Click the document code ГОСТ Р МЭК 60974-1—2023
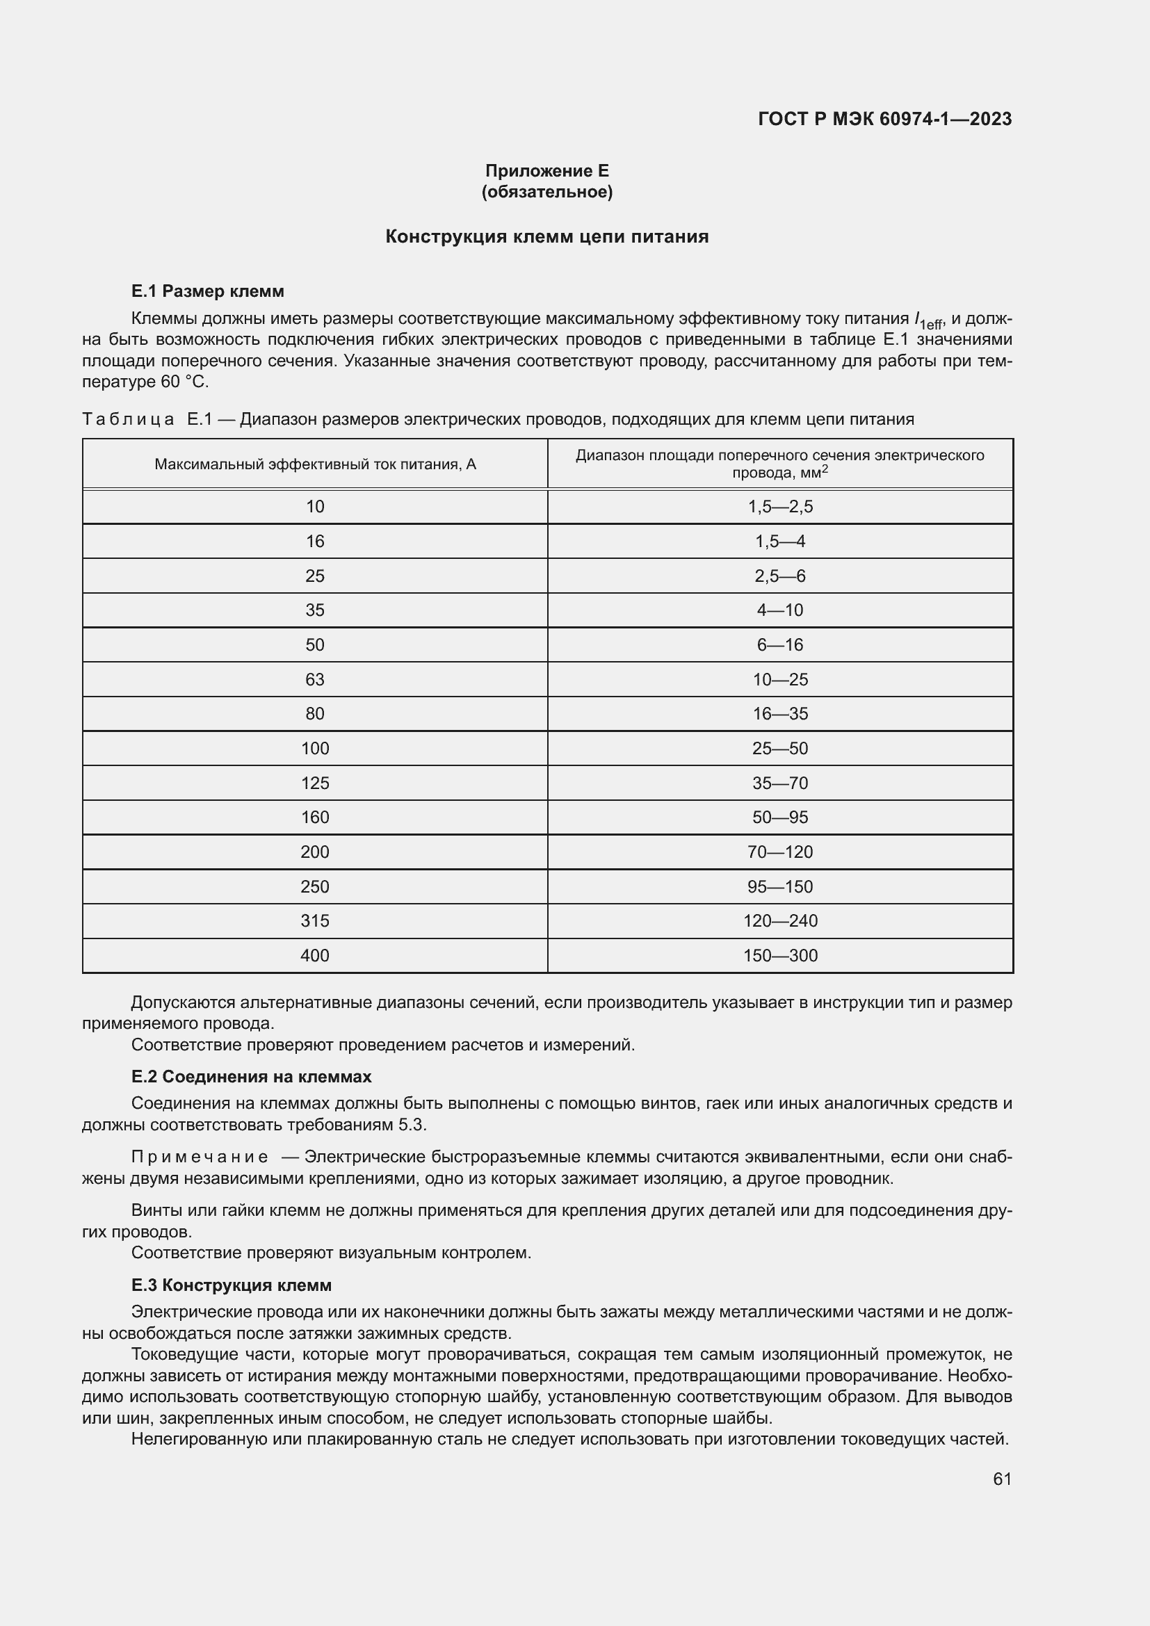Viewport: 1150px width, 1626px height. tap(884, 119)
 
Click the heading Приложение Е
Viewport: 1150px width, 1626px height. tap(546, 171)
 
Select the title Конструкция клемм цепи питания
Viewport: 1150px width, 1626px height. tap(546, 236)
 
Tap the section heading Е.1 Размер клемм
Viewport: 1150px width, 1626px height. tap(207, 291)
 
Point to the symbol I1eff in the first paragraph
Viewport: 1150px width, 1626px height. tap(928, 320)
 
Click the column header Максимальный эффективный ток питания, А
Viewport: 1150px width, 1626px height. tap(315, 464)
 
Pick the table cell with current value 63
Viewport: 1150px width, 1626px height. tap(315, 680)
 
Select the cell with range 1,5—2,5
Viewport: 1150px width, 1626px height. tap(780, 506)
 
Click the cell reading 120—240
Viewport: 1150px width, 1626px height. tap(780, 920)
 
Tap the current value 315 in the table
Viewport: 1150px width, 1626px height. tap(315, 920)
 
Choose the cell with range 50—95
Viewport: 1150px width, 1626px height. tap(780, 818)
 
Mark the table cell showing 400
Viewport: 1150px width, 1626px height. tap(315, 955)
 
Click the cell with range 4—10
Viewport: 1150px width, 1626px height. tap(780, 610)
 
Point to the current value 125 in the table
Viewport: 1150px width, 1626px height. tap(315, 783)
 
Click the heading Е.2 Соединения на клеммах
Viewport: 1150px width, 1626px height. tap(252, 1076)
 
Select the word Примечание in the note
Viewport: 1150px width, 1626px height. tap(200, 1157)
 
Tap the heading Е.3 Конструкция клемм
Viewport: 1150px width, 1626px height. tap(232, 1285)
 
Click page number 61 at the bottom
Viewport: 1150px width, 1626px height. tap(1002, 1479)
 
